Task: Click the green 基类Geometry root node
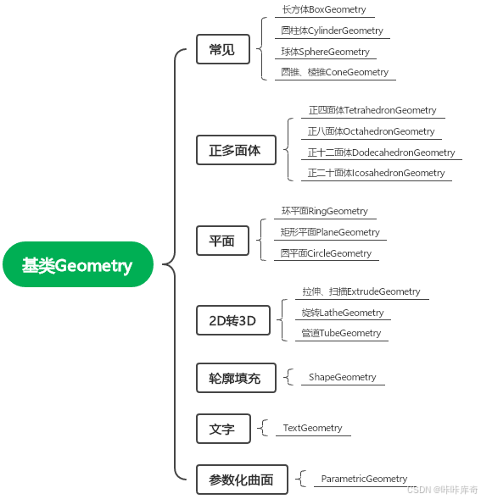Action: pyautogui.click(x=77, y=266)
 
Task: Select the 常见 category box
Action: pyautogui.click(x=222, y=50)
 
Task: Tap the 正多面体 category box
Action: pyautogui.click(x=235, y=152)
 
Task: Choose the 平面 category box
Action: pyautogui.click(x=222, y=241)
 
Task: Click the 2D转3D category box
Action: pyautogui.click(x=232, y=321)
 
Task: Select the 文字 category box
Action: pyautogui.click(x=222, y=430)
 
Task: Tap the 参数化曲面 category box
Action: pyautogui.click(x=241, y=480)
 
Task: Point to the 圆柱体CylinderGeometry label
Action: pyautogui.click(x=332, y=30)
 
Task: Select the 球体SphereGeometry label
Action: pyautogui.click(x=326, y=52)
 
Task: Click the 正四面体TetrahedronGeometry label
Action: pyautogui.click(x=372, y=110)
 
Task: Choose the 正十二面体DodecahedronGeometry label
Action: pyautogui.click(x=381, y=152)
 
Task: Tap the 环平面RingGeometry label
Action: pyautogui.click(x=324, y=211)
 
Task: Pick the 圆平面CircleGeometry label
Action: pyautogui.click(x=326, y=253)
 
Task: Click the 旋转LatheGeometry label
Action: pyautogui.click(x=343, y=313)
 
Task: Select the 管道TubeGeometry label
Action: pyautogui.click(x=341, y=333)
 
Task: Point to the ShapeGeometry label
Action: pyautogui.click(x=342, y=377)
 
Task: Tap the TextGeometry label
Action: pyautogui.click(x=312, y=428)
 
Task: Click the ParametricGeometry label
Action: pyautogui.click(x=364, y=479)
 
